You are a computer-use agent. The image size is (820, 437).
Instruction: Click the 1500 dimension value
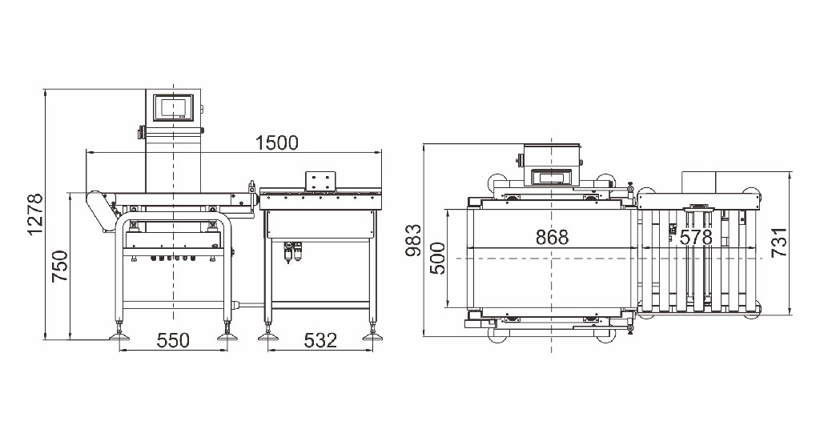point(276,142)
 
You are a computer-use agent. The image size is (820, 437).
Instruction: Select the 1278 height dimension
point(35,214)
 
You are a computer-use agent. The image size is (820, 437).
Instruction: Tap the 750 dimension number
point(60,266)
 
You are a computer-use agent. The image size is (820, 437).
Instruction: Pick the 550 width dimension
point(173,341)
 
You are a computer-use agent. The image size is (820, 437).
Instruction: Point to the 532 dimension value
point(320,341)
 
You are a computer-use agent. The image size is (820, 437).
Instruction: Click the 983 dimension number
point(413,240)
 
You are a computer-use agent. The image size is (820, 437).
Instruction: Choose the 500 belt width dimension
point(438,259)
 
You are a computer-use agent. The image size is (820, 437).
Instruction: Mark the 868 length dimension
point(552,238)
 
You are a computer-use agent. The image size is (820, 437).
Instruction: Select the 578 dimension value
point(696,238)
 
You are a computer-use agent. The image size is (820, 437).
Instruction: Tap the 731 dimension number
point(779,242)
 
